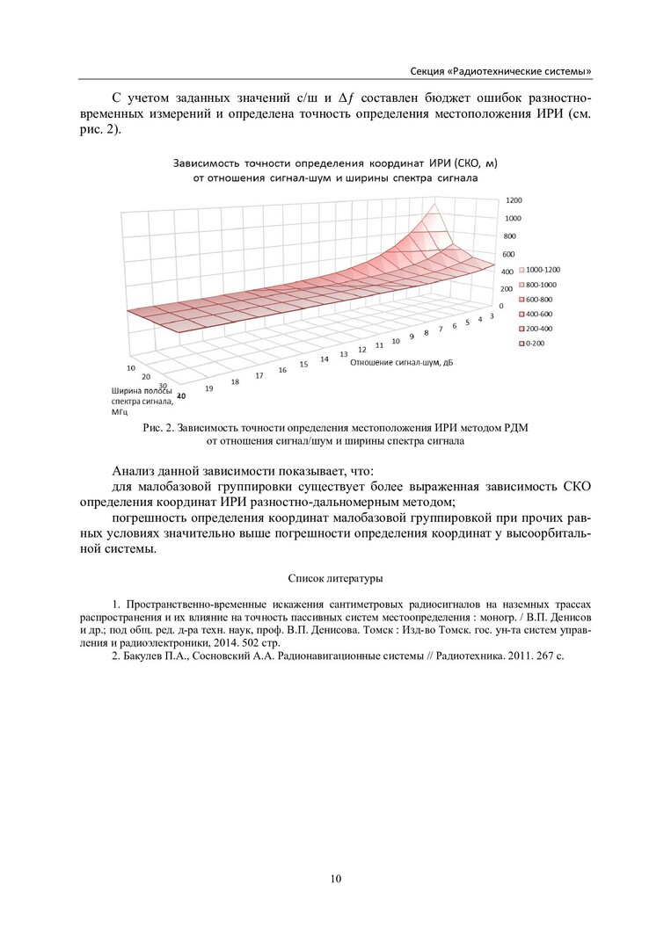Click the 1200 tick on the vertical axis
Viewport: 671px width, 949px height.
(514, 200)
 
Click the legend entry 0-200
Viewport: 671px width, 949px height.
(534, 343)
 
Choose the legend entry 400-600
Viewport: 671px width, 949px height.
(538, 314)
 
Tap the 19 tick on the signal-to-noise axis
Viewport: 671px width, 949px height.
(209, 388)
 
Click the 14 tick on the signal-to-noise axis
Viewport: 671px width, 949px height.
(325, 359)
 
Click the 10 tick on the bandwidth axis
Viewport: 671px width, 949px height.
(131, 367)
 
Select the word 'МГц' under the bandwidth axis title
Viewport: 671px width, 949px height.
(120, 411)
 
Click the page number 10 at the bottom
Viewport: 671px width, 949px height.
(335, 878)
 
